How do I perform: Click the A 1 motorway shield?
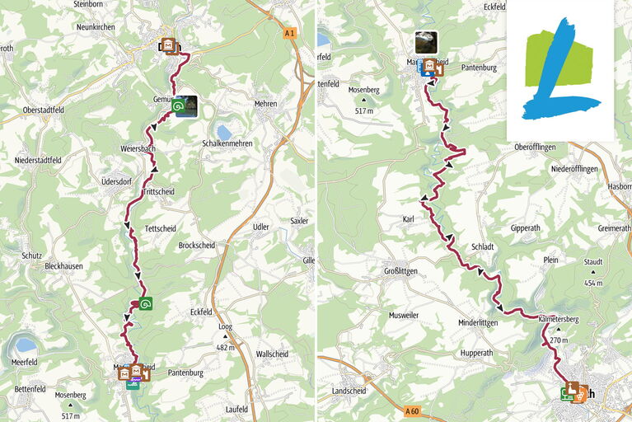288,33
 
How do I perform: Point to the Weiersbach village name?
138,148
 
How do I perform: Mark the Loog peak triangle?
224,336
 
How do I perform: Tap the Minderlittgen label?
478,323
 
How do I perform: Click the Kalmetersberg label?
559,317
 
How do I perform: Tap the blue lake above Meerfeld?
26,345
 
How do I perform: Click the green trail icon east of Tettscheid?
146,303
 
